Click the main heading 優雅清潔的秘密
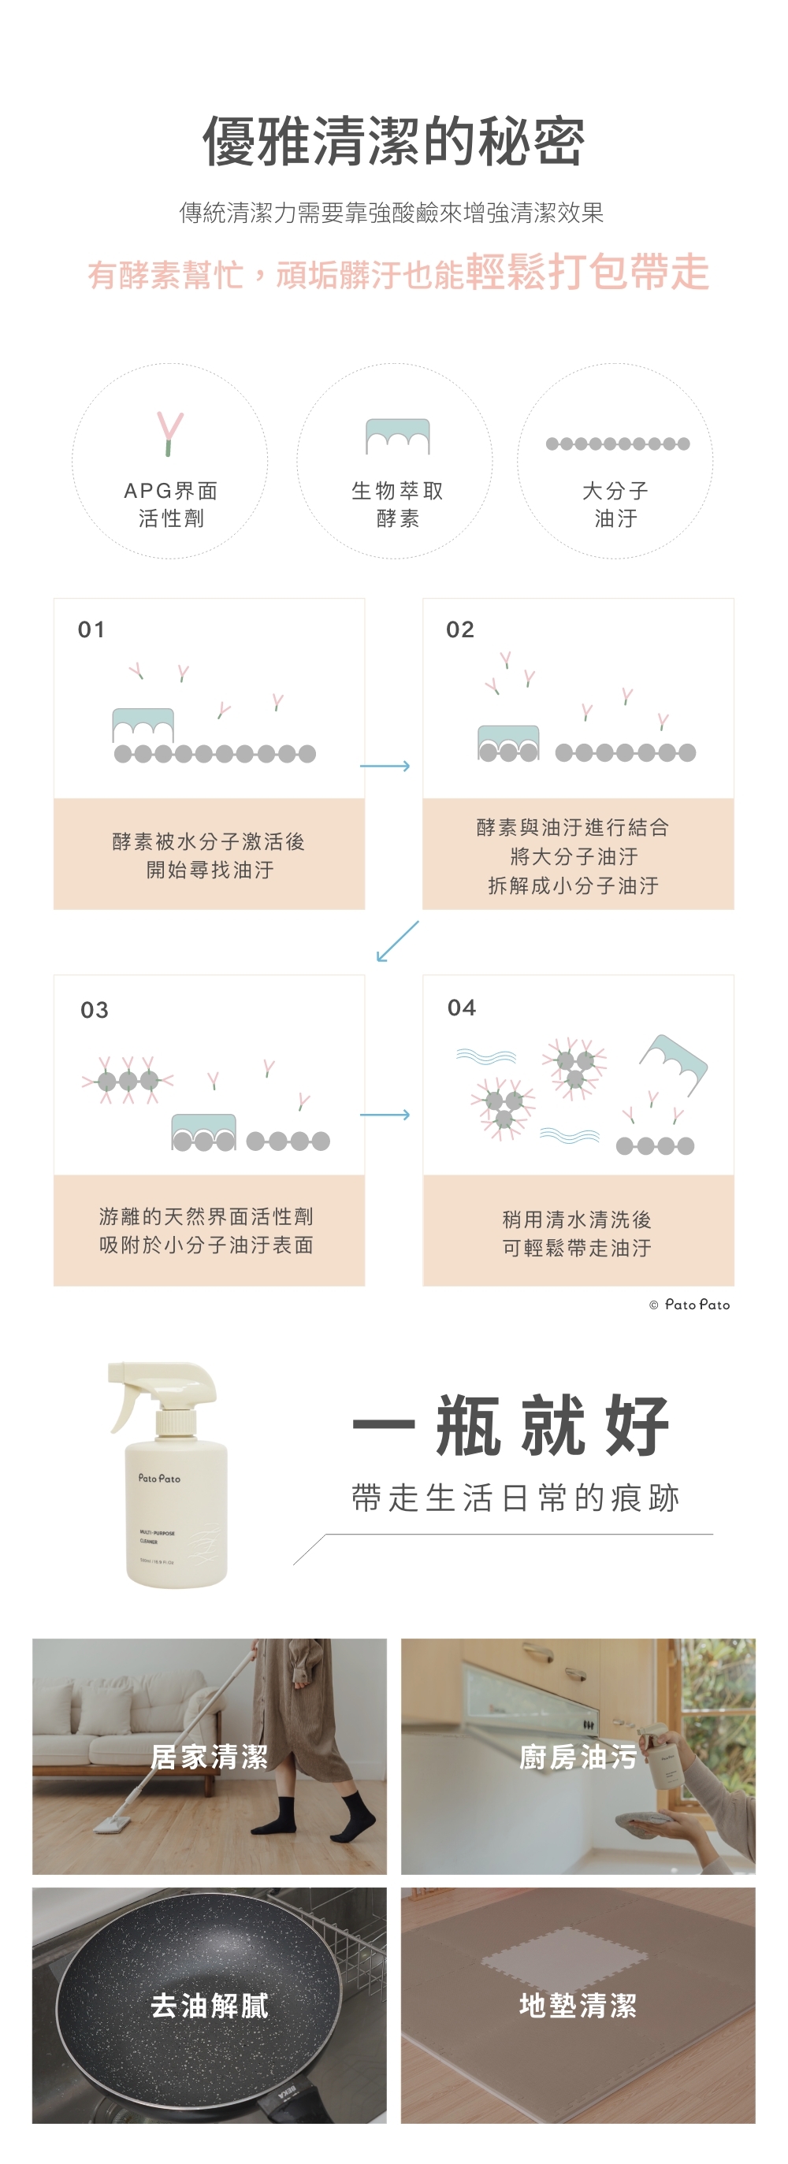click(393, 141)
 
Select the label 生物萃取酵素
click(396, 504)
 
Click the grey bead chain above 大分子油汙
click(618, 444)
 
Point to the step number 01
click(91, 629)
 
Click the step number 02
click(460, 629)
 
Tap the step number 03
click(94, 1010)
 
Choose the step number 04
click(462, 1008)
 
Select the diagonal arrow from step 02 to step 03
click(396, 941)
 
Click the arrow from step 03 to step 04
click(385, 1115)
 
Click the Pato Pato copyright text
click(689, 1305)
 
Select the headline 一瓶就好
click(511, 1425)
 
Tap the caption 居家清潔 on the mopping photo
click(209, 1757)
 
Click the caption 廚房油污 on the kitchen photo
click(578, 1757)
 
